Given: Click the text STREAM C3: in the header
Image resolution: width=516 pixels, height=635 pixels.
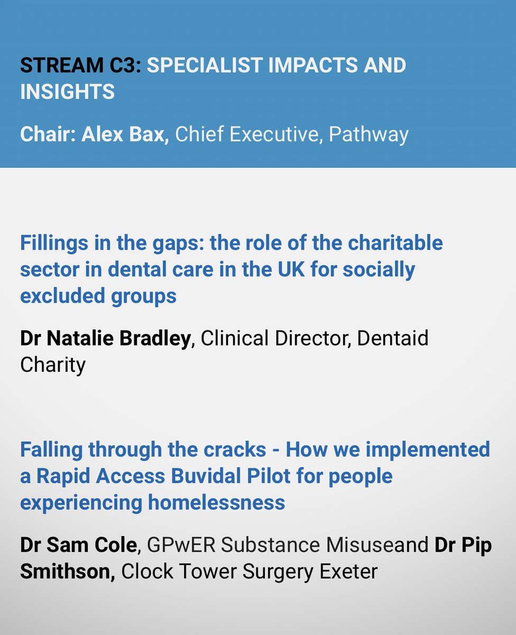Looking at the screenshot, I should coord(80,66).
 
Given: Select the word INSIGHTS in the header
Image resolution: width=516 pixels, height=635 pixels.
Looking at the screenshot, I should coord(67,92).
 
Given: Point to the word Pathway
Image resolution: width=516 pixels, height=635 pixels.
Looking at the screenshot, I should coord(368,134).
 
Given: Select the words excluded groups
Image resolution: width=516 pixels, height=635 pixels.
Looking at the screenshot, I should coord(98,296).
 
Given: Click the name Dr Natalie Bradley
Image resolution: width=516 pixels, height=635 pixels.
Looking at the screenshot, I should coord(105,339).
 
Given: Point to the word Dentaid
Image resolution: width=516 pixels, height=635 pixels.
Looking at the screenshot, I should coord(393,339).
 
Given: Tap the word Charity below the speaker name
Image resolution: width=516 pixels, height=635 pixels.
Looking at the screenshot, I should coord(53,365).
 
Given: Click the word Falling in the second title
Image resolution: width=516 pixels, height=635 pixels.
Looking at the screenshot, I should coord(51,450).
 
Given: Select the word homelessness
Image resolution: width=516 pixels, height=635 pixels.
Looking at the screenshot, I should coord(217,502).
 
